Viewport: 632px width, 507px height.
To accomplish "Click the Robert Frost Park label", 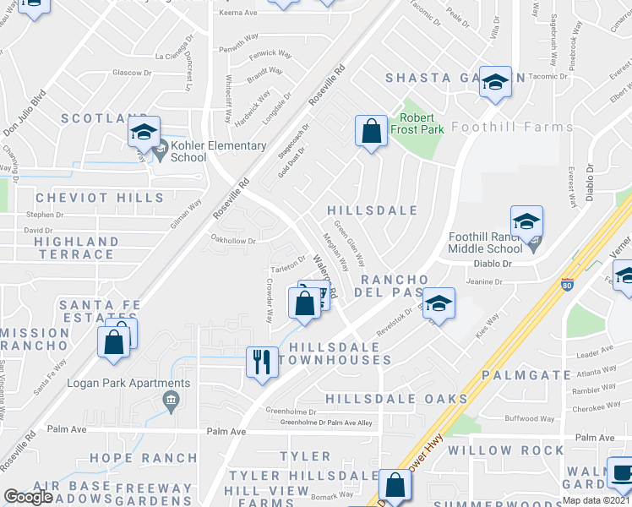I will pos(422,123).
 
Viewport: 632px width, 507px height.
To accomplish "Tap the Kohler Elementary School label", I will pos(218,151).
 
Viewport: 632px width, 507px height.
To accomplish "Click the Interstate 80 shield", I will pos(568,285).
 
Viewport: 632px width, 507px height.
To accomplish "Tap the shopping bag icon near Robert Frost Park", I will pos(370,131).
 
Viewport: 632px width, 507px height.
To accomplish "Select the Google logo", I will pos(28,497).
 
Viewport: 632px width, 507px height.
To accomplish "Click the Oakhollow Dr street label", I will pos(233,240).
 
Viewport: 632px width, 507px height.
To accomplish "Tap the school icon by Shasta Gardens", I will pos(495,82).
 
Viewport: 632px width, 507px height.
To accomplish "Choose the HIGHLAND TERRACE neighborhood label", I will pos(76,248).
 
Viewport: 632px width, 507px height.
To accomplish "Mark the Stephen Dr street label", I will pos(45,215).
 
